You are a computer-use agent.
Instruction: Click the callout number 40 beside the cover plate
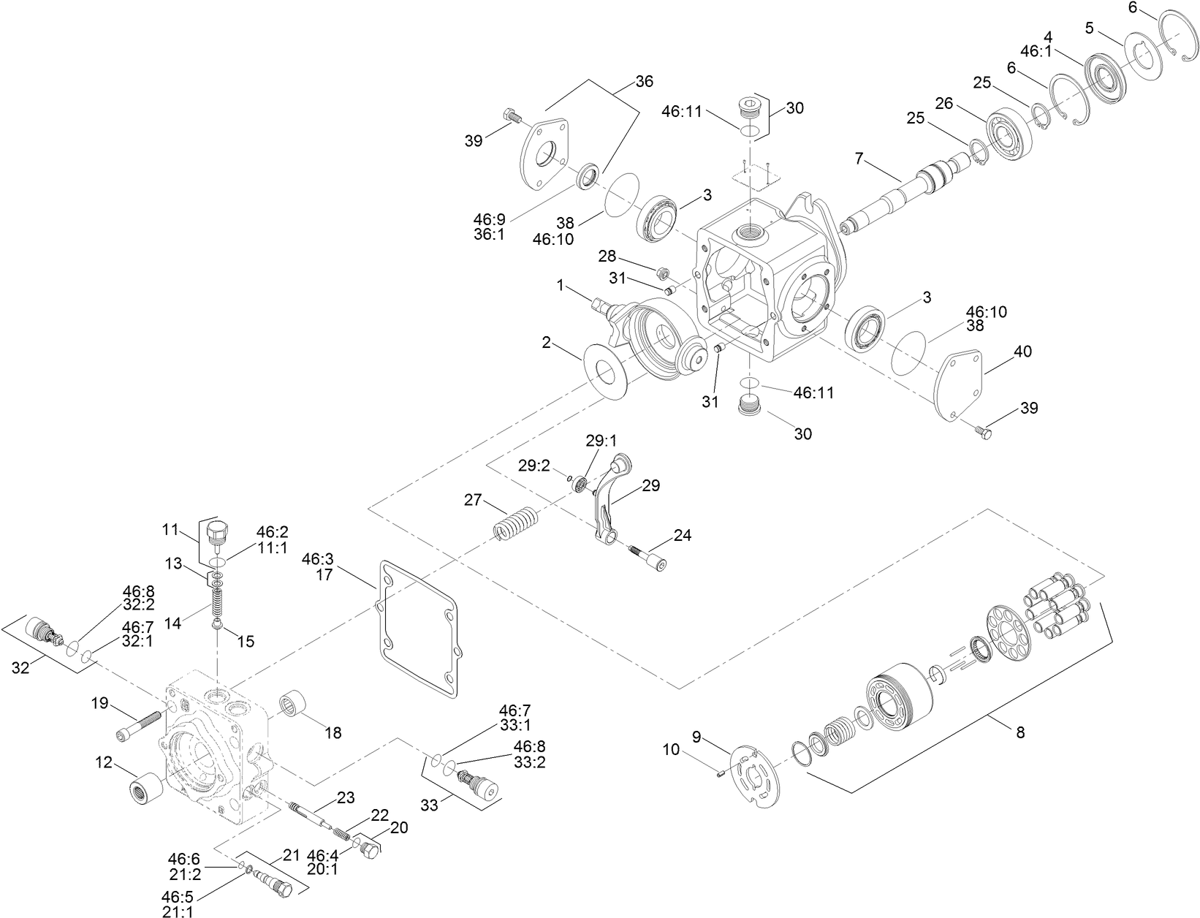pyautogui.click(x=1023, y=352)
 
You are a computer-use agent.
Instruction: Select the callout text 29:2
pyautogui.click(x=534, y=466)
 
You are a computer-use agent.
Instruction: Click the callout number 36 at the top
pyautogui.click(x=643, y=81)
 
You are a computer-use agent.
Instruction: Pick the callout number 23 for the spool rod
pyautogui.click(x=345, y=797)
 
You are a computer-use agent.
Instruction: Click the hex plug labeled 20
pyautogui.click(x=370, y=849)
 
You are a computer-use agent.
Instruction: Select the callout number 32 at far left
pyautogui.click(x=20, y=667)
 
